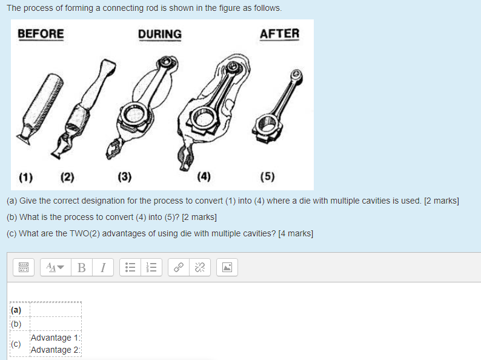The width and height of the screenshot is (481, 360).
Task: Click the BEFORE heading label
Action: coord(41,34)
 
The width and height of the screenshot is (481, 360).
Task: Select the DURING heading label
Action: coord(159,35)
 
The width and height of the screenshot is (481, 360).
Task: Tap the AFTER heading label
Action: coord(279,34)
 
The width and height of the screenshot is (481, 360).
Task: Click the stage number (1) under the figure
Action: coord(25,178)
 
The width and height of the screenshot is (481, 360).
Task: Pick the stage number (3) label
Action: coord(124,178)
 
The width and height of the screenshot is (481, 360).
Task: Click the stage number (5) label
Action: coord(267,178)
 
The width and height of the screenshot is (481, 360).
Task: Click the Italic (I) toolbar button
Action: coord(103,267)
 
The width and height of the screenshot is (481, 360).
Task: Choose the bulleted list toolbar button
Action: coord(129,267)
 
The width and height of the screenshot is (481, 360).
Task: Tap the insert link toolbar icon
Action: coord(179,267)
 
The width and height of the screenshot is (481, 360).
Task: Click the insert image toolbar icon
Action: coord(227,267)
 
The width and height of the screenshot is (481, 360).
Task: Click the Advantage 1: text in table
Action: coord(55,338)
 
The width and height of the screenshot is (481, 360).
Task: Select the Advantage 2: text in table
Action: coord(55,350)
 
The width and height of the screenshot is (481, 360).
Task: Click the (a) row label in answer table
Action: coord(16,310)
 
